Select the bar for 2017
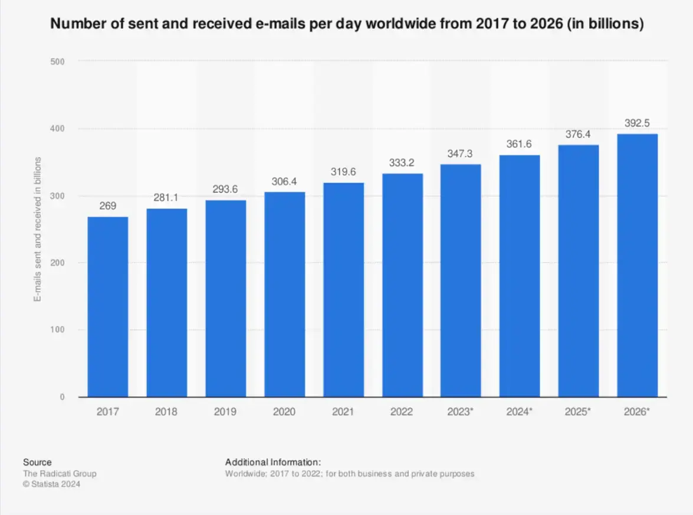(x=108, y=307)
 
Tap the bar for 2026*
(x=637, y=266)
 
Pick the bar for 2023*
(x=461, y=281)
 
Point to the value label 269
(x=108, y=207)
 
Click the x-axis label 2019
(x=225, y=412)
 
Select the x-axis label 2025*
(x=578, y=412)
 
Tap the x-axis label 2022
(x=402, y=412)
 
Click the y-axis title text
(x=37, y=229)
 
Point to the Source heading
(x=37, y=462)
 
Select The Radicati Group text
(x=60, y=474)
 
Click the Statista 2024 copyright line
(x=51, y=484)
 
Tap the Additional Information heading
(x=273, y=462)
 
